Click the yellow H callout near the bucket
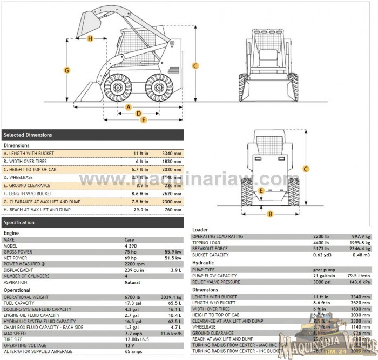coord(90,38)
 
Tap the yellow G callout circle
coord(67,70)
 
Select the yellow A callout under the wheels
coord(129,107)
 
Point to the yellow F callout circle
coord(144,120)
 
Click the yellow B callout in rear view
coord(271,214)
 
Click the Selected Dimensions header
coord(28,135)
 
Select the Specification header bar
coord(19,222)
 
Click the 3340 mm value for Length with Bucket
coord(171,154)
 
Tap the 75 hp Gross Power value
coord(130,251)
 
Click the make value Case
coord(130,239)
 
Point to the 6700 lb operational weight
coord(132,297)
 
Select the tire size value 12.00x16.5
coord(137,339)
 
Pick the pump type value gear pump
coord(324,269)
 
